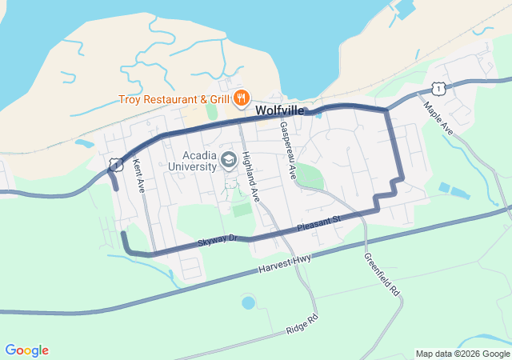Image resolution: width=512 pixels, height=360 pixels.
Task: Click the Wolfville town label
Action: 279,111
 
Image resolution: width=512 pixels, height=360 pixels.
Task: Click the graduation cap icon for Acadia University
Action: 228,161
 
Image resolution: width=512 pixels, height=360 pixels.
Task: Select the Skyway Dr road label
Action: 218,238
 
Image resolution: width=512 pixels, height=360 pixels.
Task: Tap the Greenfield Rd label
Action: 381,276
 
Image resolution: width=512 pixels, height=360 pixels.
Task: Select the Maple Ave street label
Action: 438,118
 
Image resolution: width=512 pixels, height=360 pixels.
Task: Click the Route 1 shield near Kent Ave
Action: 117,165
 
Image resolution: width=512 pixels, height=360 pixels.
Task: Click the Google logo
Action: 26,350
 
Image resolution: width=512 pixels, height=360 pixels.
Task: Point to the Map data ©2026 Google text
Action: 462,354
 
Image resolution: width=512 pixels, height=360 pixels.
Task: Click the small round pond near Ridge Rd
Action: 248,303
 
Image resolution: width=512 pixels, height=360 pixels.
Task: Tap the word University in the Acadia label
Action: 193,166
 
